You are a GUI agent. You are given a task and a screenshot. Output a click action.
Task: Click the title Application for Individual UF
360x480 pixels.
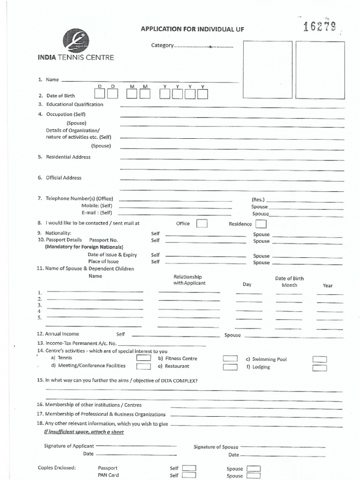pyautogui.click(x=193, y=30)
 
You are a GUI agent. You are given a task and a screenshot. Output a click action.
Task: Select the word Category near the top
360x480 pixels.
pyautogui.click(x=162, y=46)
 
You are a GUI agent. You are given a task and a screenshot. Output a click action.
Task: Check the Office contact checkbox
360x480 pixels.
pyautogui.click(x=202, y=224)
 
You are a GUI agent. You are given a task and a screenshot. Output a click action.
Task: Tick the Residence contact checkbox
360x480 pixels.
pyautogui.click(x=261, y=224)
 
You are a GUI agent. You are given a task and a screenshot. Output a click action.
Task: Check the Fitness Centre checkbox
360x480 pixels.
pyautogui.click(x=230, y=359)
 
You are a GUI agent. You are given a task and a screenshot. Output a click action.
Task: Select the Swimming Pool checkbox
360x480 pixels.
pyautogui.click(x=320, y=360)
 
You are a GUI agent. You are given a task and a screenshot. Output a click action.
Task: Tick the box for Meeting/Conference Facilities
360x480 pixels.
pyautogui.click(x=143, y=367)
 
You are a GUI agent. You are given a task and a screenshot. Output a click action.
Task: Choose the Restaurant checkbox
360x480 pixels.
pyautogui.click(x=230, y=367)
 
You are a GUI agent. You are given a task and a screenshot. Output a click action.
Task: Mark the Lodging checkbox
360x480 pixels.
pyautogui.click(x=320, y=367)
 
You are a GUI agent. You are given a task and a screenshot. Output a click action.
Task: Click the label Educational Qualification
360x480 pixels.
pyautogui.click(x=75, y=105)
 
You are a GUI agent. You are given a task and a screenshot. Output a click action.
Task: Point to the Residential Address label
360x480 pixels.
pyautogui.click(x=68, y=157)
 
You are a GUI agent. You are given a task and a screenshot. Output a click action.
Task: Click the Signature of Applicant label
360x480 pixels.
pyautogui.click(x=69, y=446)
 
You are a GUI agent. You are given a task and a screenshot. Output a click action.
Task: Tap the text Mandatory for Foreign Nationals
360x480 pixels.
pyautogui.click(x=84, y=247)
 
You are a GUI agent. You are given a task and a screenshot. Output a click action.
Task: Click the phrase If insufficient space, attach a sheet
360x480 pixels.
pyautogui.click(x=84, y=432)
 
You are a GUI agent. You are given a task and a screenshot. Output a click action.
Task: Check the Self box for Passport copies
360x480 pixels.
pyautogui.click(x=189, y=468)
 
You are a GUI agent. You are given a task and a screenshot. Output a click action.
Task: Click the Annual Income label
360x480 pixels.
pyautogui.click(x=62, y=334)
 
